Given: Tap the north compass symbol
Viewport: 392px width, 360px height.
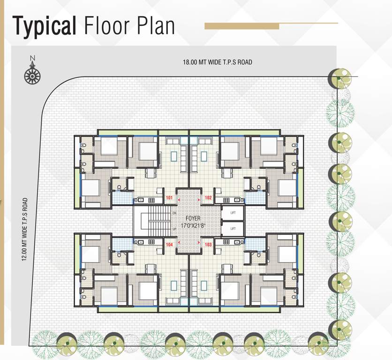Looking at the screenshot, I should [32, 72].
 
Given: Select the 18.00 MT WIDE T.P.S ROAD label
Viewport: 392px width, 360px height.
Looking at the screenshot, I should [218, 62].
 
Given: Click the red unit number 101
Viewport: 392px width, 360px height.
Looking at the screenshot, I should [169, 198].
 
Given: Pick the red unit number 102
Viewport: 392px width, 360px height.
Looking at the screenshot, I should [209, 198].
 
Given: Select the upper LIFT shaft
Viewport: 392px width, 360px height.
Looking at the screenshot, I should [233, 213].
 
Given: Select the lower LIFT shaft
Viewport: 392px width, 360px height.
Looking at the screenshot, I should [233, 229].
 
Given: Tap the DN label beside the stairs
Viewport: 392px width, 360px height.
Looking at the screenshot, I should [174, 213].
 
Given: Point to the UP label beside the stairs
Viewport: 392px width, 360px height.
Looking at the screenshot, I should [174, 229].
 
